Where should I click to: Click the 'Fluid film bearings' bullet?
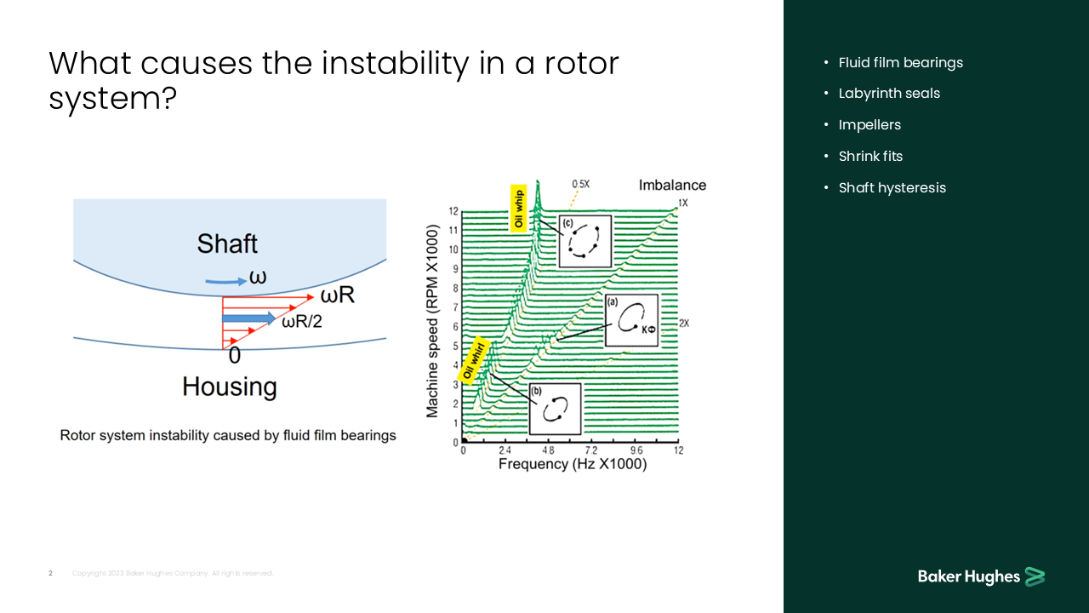pos(900,62)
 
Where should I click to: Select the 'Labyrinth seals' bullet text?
pos(889,94)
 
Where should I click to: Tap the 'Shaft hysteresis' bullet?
pos(892,187)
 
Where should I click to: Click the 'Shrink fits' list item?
pos(870,156)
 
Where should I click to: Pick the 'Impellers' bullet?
pos(869,125)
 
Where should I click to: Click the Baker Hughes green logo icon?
pos(1035,576)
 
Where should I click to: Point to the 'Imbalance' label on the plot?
pos(672,185)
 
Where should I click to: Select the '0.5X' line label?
pos(580,184)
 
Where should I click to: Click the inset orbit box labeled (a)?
pos(631,320)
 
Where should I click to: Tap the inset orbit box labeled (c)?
pos(584,240)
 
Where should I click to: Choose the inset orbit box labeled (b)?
pos(555,409)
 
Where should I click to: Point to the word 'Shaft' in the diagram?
pos(227,243)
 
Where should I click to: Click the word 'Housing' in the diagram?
pos(229,387)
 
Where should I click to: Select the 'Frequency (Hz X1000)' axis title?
pos(572,464)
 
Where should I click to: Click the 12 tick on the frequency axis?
pos(678,450)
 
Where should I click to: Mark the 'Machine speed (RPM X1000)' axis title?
pos(432,321)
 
